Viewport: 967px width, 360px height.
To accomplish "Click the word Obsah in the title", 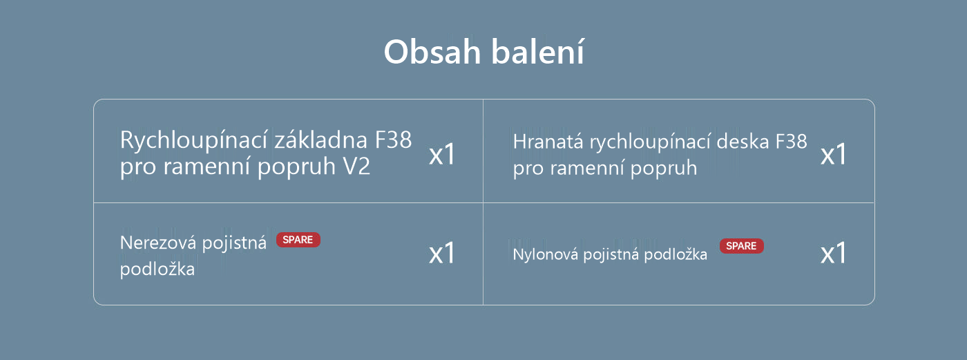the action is pyautogui.click(x=432, y=52).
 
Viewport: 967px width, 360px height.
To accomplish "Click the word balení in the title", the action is pyautogui.click(x=537, y=51).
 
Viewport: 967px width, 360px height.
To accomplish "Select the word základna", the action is pyautogui.click(x=320, y=140).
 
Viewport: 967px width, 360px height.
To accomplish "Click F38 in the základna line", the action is pyautogui.click(x=393, y=140).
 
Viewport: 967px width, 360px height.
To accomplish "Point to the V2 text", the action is pyautogui.click(x=356, y=167).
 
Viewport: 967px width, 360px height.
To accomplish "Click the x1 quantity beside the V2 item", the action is pyautogui.click(x=441, y=154).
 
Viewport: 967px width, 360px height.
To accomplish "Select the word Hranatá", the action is pyautogui.click(x=548, y=142).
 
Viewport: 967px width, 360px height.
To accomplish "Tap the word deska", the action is pyautogui.click(x=743, y=141).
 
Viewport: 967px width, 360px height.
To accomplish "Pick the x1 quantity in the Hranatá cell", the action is pyautogui.click(x=833, y=154).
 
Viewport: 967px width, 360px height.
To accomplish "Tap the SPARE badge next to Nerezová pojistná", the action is pyautogui.click(x=298, y=240).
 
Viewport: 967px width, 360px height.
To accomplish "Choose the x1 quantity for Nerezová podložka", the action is pyautogui.click(x=441, y=253).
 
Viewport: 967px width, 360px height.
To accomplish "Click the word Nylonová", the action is pyautogui.click(x=545, y=254).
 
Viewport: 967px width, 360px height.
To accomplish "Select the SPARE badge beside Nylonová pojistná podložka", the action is pyautogui.click(x=741, y=246).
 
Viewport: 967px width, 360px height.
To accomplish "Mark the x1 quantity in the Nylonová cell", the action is pyautogui.click(x=833, y=253).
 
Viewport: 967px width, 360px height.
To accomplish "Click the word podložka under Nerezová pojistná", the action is pyautogui.click(x=157, y=269).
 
